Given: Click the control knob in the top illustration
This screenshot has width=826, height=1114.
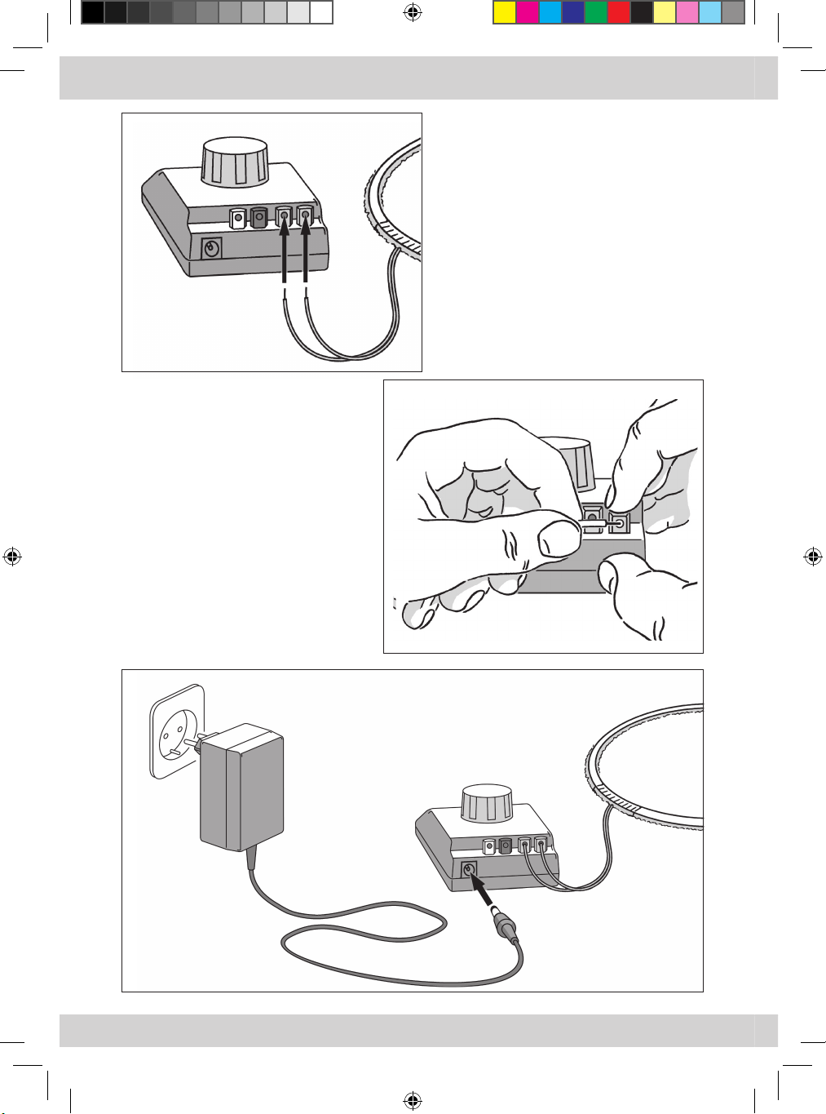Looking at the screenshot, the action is [x=235, y=163].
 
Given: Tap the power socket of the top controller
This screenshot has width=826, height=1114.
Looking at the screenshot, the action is [x=212, y=248].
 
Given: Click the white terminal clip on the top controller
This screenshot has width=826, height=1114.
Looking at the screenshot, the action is [x=237, y=219].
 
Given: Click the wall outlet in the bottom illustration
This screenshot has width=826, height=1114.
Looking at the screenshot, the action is [x=176, y=730].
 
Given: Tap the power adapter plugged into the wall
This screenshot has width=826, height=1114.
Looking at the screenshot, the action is [x=242, y=790].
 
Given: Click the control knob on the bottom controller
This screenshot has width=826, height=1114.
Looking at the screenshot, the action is [x=487, y=803].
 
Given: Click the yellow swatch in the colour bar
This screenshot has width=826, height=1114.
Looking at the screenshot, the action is [x=505, y=12].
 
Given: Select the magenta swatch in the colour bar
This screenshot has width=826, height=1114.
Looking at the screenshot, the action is [x=528, y=12].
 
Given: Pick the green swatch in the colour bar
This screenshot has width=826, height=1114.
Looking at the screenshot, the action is [x=596, y=12].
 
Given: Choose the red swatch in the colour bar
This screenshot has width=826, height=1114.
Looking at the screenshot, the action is [x=619, y=12].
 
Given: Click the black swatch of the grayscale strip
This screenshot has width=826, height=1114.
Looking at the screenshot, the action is [x=93, y=12].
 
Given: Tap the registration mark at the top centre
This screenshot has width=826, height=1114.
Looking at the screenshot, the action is [x=412, y=12].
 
